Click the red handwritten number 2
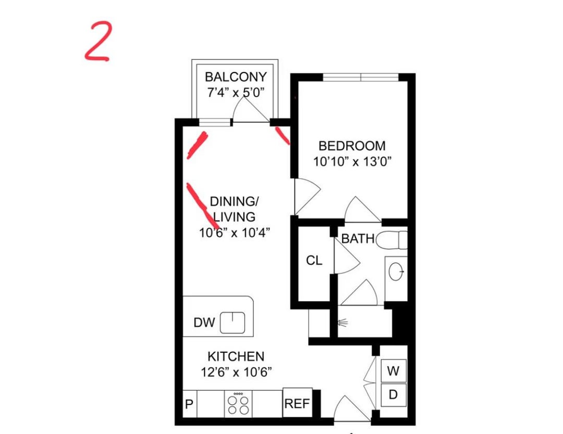[97, 41]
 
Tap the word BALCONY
[236, 77]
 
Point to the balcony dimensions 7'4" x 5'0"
[236, 93]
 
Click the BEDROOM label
[352, 146]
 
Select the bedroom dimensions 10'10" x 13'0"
[352, 162]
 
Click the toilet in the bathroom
[391, 240]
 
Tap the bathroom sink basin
[396, 271]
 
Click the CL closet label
[314, 261]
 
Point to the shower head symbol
[343, 323]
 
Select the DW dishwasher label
[204, 323]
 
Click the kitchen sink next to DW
[232, 323]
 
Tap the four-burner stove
[238, 404]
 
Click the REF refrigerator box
[297, 403]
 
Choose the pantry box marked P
[190, 404]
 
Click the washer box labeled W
[394, 371]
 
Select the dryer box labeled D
[394, 395]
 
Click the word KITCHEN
[236, 356]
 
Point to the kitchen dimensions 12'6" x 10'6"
[236, 372]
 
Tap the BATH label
[358, 239]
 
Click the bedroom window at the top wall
[361, 77]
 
